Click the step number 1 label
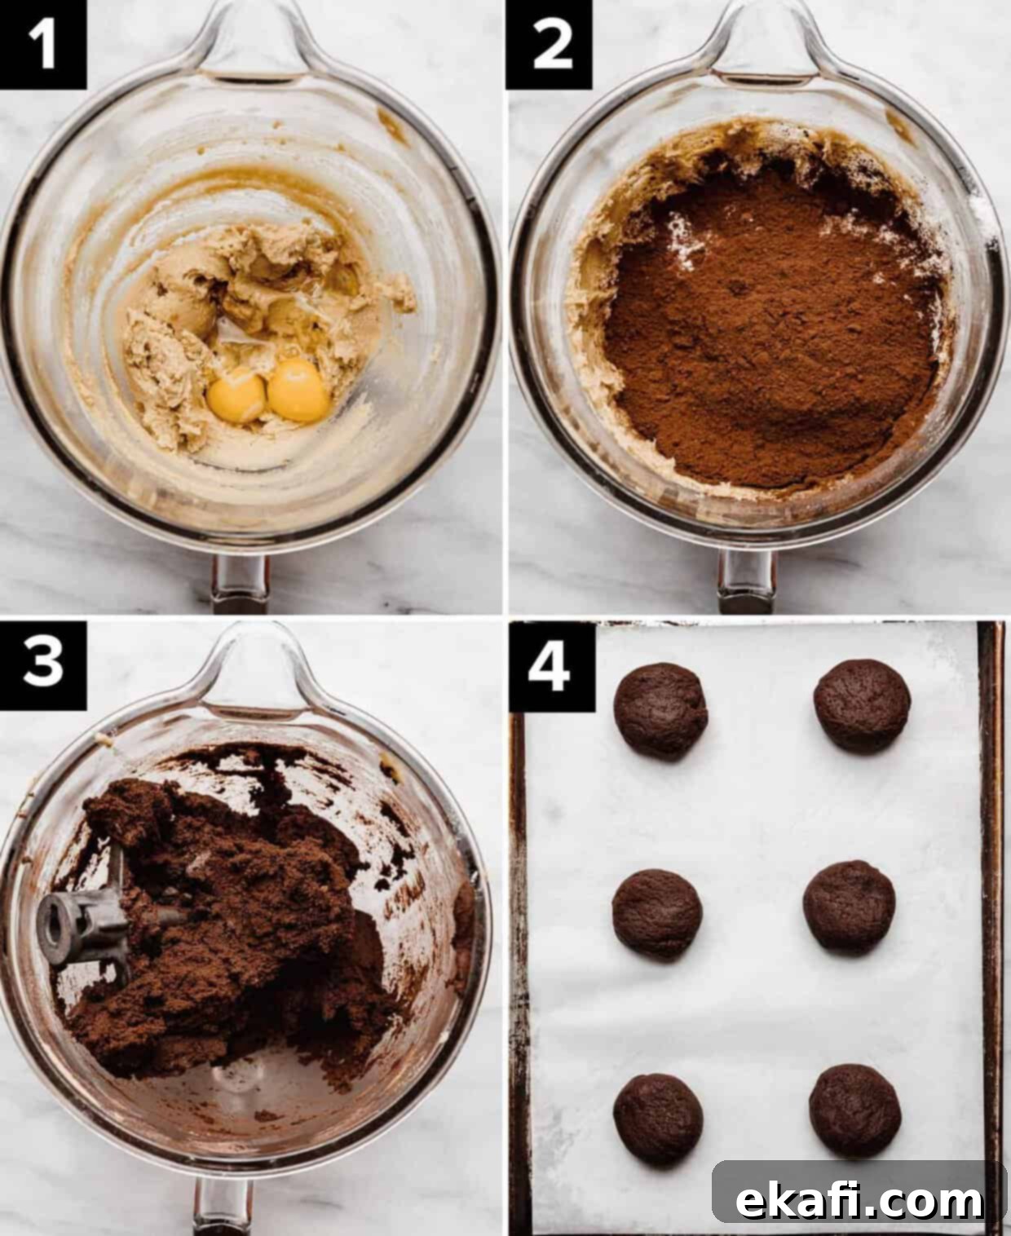click(x=42, y=44)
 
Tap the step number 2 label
click(x=550, y=44)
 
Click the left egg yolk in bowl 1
click(x=236, y=395)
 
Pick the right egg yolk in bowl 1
click(x=299, y=391)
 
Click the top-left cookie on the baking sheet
click(x=660, y=711)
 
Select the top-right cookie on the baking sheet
click(x=862, y=706)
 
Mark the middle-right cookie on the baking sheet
click(x=850, y=907)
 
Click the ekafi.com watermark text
click(x=859, y=1198)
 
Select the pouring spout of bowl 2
click(x=762, y=41)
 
